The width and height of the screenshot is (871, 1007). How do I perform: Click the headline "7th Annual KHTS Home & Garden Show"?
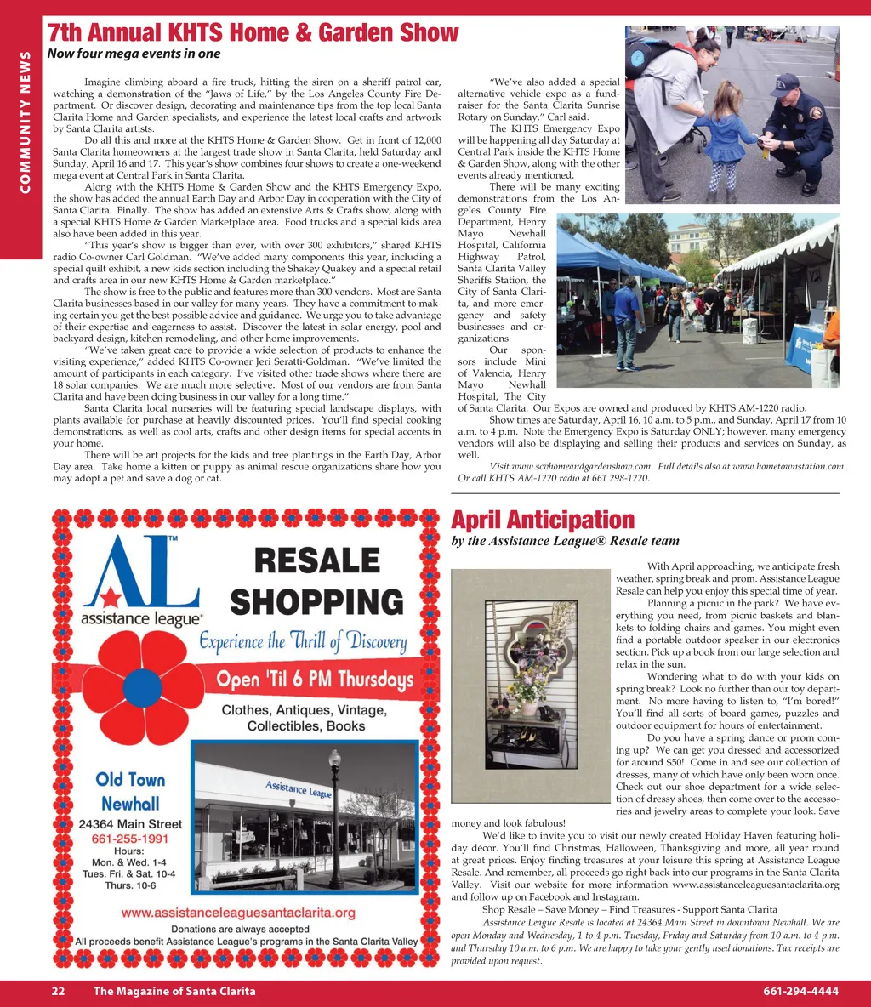(253, 32)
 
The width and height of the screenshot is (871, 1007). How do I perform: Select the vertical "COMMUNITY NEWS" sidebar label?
(25, 122)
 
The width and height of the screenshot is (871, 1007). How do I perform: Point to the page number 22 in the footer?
(58, 991)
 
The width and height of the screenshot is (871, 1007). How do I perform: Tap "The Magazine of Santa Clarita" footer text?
(174, 991)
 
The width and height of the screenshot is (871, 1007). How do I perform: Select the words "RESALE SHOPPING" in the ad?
(316, 581)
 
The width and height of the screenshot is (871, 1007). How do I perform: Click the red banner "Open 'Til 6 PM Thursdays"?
(315, 679)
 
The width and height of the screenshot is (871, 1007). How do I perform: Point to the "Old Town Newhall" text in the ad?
(130, 791)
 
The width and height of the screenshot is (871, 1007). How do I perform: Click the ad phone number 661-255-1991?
(129, 838)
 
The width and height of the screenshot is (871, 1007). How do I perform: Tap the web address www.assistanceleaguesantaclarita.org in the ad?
(238, 913)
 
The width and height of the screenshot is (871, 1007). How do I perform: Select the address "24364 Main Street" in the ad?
(130, 824)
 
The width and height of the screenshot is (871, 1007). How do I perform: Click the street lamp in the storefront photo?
(335, 799)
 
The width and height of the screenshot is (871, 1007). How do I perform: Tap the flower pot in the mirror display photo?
(529, 705)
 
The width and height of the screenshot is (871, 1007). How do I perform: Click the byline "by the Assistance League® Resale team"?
(565, 541)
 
